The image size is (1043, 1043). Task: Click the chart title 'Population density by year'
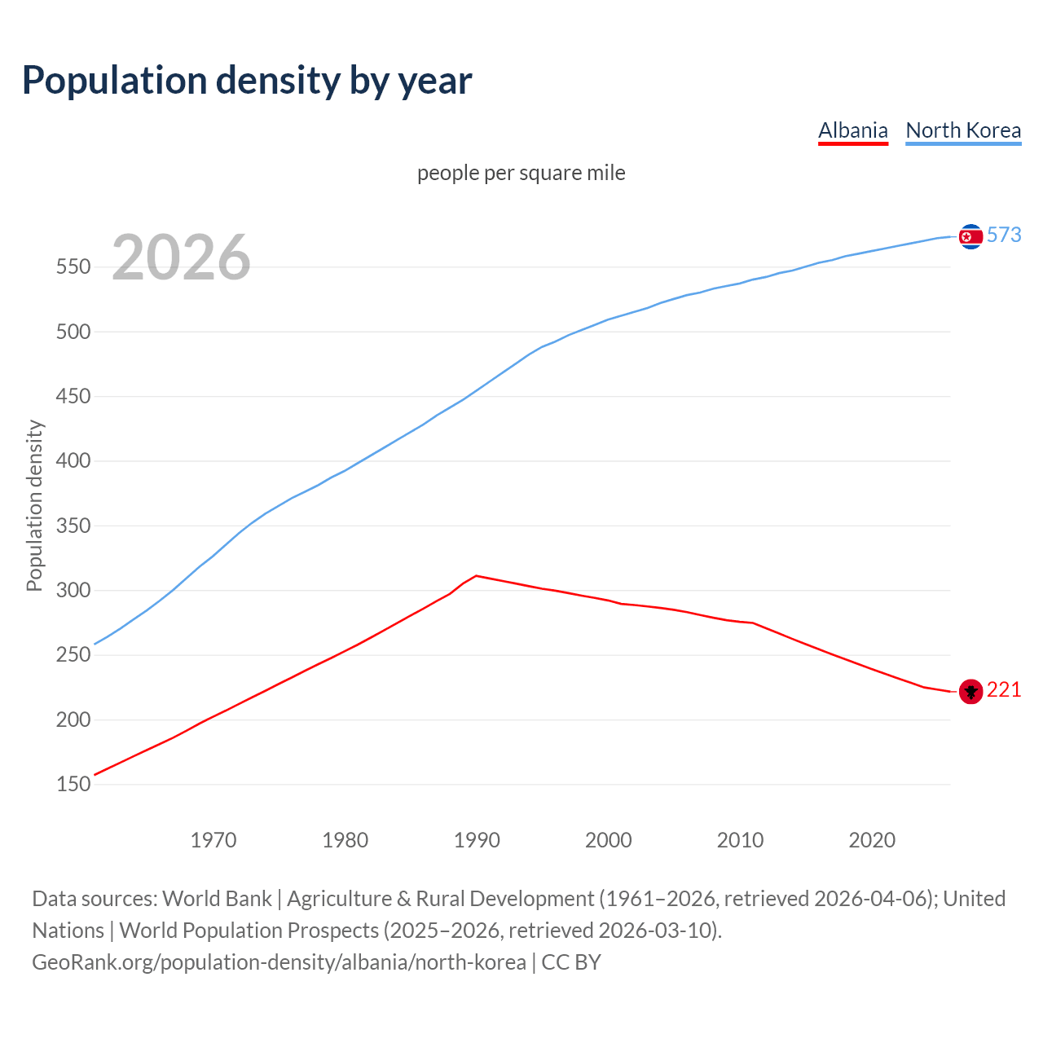247,80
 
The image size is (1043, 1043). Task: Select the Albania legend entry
852,130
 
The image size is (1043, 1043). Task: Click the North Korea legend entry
963,130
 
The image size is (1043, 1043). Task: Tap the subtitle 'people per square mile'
521,173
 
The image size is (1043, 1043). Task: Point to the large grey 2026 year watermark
181,257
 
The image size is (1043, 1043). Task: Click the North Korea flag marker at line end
970,236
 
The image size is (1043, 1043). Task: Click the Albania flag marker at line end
970,691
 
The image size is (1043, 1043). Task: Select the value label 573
1004,235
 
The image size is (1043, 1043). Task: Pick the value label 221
1004,690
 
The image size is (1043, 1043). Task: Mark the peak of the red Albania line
476,575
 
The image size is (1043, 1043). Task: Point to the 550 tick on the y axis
73,267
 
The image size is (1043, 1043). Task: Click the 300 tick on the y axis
73,590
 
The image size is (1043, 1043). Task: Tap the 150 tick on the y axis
73,784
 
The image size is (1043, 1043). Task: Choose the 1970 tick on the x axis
213,840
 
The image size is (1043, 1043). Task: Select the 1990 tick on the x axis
477,840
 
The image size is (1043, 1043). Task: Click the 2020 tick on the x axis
872,840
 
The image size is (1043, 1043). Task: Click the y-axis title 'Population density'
34,505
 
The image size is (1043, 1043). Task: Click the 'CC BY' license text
571,962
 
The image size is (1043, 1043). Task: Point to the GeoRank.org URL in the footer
279,962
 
